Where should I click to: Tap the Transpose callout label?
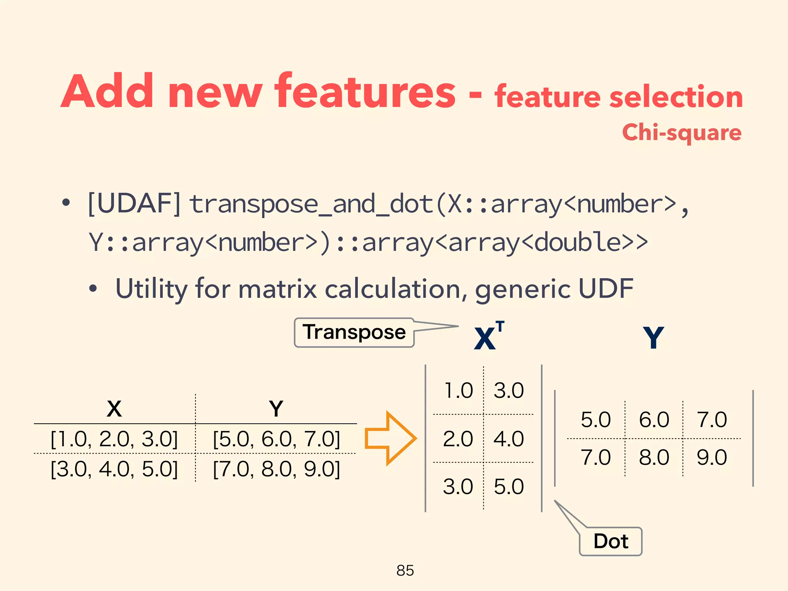(354, 332)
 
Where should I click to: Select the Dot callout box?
(611, 541)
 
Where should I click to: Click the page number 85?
(405, 571)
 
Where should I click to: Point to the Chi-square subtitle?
(681, 133)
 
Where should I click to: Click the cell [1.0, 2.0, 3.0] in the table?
(114, 439)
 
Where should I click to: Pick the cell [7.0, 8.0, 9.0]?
(277, 469)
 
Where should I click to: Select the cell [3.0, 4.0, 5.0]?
(114, 469)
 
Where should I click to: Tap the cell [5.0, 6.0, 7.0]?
(277, 439)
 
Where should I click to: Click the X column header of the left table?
(114, 409)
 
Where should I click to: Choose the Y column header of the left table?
(276, 409)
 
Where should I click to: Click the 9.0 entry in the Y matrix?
(712, 457)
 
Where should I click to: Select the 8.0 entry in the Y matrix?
(654, 457)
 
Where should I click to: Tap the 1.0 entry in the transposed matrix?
(458, 391)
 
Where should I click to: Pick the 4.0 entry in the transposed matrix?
(509, 439)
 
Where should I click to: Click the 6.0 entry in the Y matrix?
(654, 420)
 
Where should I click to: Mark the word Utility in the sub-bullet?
(151, 289)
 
